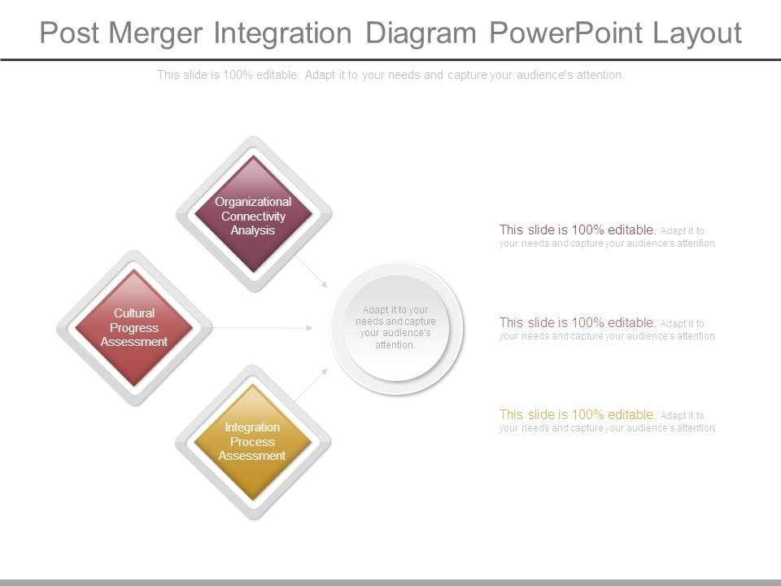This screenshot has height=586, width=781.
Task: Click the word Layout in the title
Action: point(696,33)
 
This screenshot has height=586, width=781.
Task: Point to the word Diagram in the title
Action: point(421,33)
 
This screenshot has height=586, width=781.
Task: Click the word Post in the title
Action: point(69,33)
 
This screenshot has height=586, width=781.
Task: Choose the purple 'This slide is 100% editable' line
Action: point(578,230)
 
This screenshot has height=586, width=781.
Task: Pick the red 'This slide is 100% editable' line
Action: point(578,323)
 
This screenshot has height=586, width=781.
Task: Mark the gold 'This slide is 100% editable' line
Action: point(578,415)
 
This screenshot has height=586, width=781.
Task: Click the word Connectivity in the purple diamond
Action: point(253,216)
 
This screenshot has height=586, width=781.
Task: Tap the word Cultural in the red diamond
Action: point(134,313)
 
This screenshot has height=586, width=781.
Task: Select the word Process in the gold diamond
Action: point(252,442)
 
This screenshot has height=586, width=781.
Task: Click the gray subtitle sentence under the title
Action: point(390,75)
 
